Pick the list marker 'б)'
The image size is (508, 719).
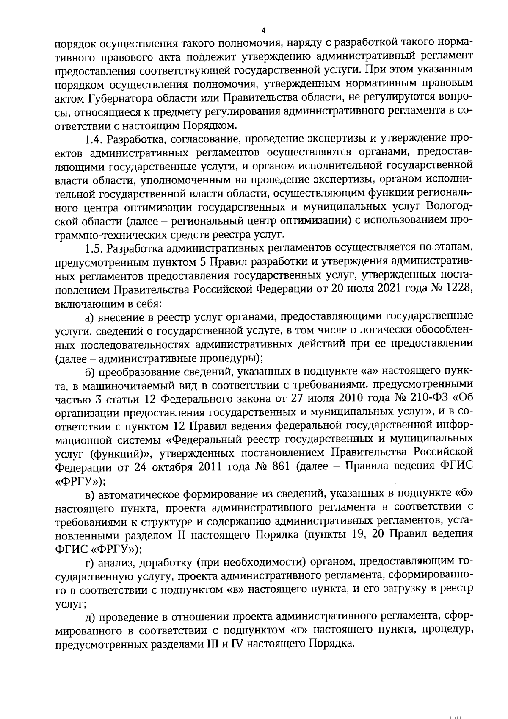90,372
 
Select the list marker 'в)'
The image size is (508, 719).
90,494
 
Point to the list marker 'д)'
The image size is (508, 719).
90,616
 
